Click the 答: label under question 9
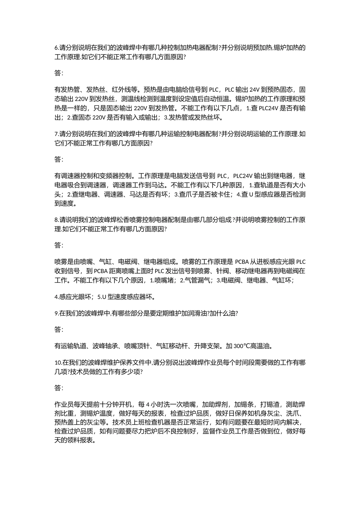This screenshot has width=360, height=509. coord(59,329)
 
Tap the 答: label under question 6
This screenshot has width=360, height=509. coord(59,73)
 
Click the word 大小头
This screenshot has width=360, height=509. coord(299,185)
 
